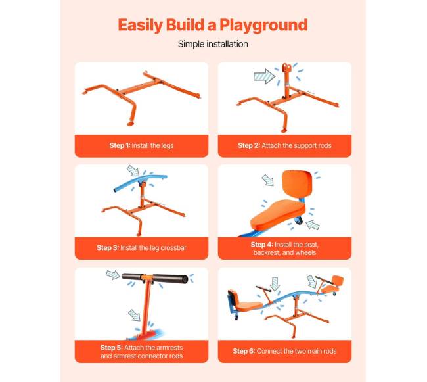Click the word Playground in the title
(263, 26)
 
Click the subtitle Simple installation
(213, 44)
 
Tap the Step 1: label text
(120, 145)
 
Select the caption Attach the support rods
(296, 145)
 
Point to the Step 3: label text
(108, 248)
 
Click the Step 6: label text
(244, 351)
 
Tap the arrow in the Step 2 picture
(264, 76)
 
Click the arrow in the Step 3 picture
(133, 170)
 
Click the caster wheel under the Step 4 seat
(299, 220)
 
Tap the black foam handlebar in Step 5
(154, 278)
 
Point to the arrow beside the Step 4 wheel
(313, 224)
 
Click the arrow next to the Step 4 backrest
(268, 180)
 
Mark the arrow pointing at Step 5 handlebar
(113, 274)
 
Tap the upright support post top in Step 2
(285, 67)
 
